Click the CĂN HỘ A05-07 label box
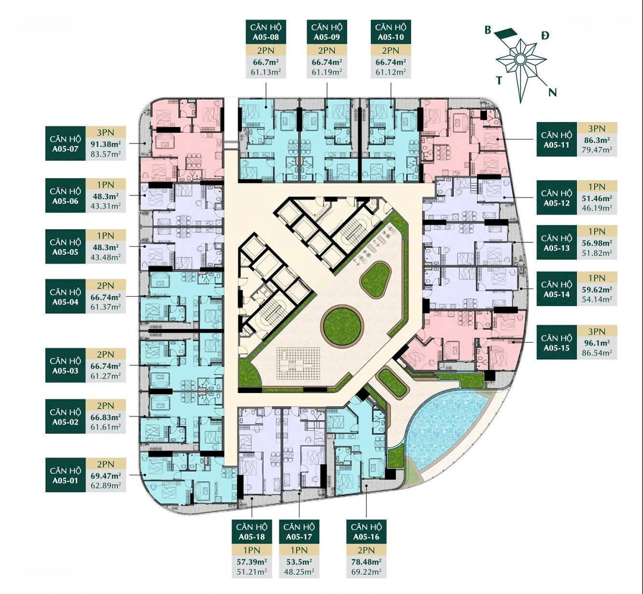[65, 144]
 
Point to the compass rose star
[520, 60]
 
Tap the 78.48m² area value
[366, 561]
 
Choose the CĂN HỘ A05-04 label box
[65, 297]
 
